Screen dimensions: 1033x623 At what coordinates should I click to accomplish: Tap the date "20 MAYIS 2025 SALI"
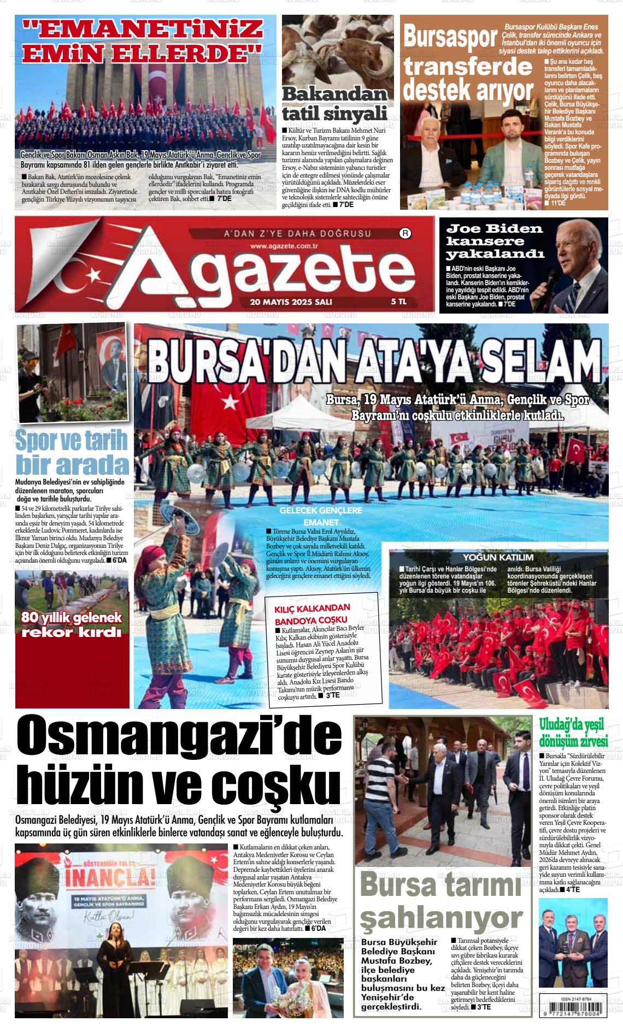click(291, 302)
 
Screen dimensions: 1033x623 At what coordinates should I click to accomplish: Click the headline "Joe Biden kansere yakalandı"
click(495, 241)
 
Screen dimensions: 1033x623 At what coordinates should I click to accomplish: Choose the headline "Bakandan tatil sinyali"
click(334, 104)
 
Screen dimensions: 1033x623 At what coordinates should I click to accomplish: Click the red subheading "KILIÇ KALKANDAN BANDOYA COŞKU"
click(311, 614)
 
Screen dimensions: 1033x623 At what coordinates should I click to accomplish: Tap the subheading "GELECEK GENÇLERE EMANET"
click(321, 516)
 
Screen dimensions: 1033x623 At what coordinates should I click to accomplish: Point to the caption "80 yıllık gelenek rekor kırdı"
click(71, 625)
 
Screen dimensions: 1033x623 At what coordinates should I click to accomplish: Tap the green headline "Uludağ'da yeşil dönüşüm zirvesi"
click(573, 734)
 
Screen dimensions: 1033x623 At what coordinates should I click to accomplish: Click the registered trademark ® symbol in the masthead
click(406, 234)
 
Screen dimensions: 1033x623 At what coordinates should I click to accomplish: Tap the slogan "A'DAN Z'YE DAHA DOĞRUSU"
click(298, 234)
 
